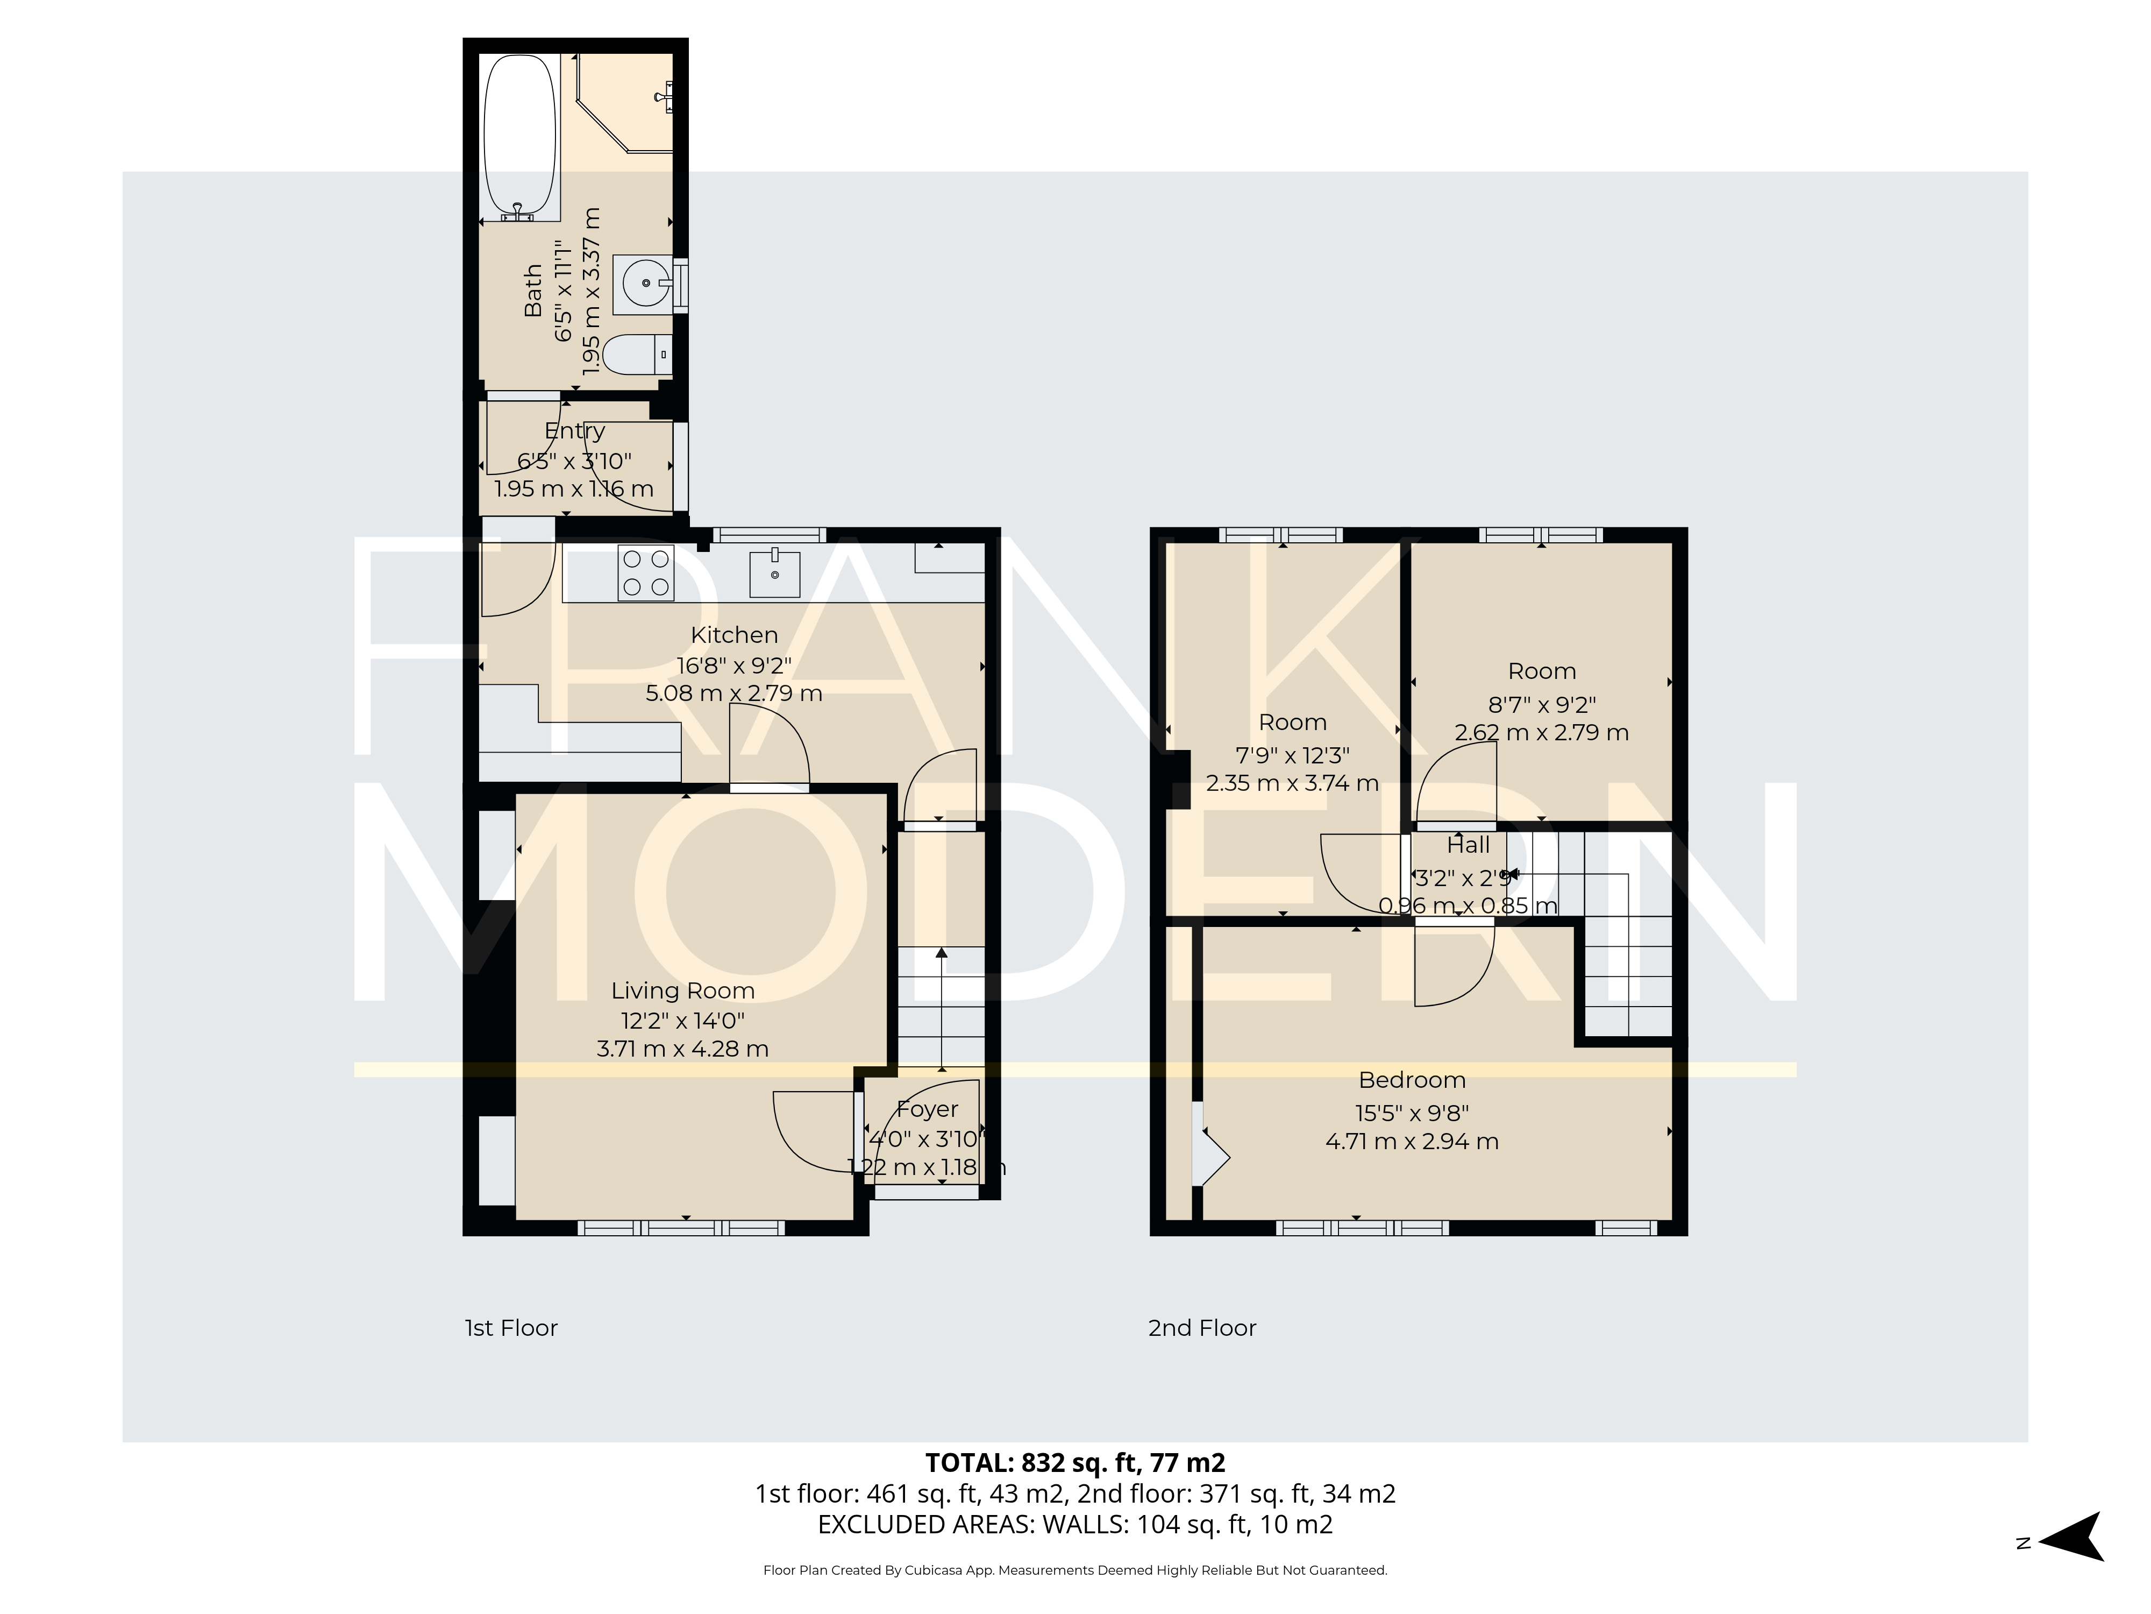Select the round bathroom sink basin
tap(644, 285)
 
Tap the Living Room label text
tap(682, 990)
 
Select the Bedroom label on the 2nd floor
tap(1412, 1080)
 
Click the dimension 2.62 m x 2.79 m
tap(1541, 733)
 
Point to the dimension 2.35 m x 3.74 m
tap(1292, 783)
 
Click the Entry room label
tap(575, 431)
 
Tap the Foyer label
tap(927, 1109)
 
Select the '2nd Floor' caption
tap(1202, 1328)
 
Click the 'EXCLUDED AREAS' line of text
tap(1074, 1525)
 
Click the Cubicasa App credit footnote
tap(1074, 1570)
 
